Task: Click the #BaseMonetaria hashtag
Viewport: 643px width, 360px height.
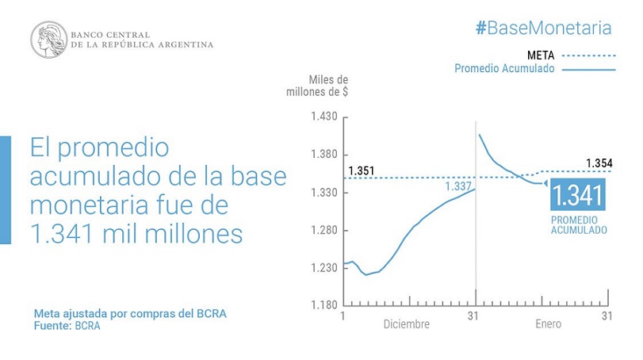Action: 544,29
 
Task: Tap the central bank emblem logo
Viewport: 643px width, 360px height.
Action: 49,40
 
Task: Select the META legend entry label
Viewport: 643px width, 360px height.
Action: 541,56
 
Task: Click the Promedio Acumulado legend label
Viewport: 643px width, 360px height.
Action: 504,68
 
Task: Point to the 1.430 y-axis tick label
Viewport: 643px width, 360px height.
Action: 324,117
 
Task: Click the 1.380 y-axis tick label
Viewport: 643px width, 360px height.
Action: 324,155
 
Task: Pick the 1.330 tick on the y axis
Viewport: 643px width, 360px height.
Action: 324,193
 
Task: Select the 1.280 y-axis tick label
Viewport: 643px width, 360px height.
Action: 324,230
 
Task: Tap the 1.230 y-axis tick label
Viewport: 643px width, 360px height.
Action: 324,268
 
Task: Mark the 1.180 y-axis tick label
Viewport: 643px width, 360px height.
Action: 324,305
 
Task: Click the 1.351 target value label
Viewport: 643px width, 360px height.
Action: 362,170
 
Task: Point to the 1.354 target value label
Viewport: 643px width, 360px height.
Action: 599,163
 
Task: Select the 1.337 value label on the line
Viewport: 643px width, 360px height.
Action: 458,186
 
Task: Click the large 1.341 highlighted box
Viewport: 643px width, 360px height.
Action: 578,194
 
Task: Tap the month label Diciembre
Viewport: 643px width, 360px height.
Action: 407,324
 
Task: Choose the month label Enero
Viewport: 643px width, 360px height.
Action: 549,324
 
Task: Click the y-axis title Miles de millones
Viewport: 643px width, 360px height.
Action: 317,86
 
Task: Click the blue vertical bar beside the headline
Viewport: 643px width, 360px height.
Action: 6,190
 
